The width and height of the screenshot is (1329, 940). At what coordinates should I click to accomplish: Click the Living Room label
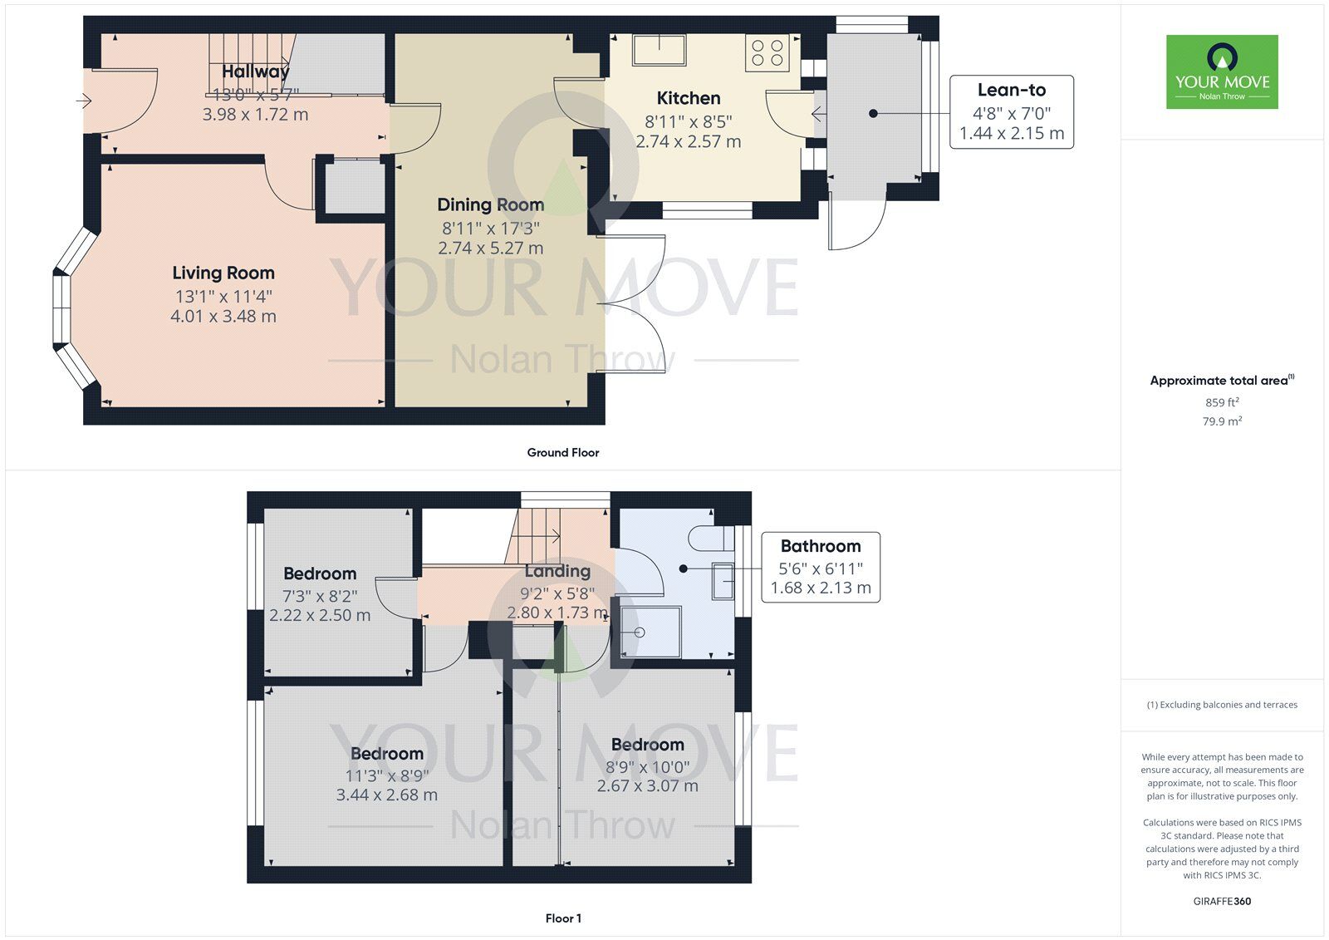[x=223, y=273]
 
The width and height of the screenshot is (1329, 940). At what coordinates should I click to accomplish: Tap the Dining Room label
[x=491, y=204]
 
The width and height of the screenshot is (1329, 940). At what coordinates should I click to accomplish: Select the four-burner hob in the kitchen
[x=767, y=53]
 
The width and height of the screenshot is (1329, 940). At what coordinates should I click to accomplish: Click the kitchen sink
[x=660, y=49]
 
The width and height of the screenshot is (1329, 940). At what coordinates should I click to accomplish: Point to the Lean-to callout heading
[x=1012, y=90]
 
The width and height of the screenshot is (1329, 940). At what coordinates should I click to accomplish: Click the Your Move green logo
[x=1222, y=71]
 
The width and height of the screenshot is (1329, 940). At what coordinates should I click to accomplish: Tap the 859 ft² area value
[x=1222, y=402]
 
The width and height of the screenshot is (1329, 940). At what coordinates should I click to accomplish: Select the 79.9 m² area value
[x=1222, y=421]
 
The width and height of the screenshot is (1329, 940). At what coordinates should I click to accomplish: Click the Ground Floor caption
[x=563, y=452]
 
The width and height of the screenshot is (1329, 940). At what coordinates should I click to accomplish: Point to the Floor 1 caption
[x=563, y=918]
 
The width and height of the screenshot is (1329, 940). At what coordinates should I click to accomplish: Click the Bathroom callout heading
[x=821, y=546]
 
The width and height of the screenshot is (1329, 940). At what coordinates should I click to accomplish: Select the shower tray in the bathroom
[x=650, y=632]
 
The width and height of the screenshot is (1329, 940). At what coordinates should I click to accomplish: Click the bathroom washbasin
[x=723, y=581]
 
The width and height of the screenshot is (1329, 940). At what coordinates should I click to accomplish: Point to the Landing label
[x=557, y=571]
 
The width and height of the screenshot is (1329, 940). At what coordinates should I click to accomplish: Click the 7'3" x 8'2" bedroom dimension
[x=320, y=596]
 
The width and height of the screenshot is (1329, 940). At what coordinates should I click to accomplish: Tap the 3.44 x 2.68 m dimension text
[x=387, y=795]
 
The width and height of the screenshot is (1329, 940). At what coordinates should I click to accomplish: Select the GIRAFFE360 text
[x=1222, y=901]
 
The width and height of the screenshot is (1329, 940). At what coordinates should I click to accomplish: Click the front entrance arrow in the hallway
[x=84, y=101]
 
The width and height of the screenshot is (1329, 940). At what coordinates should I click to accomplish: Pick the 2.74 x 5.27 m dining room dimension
[x=491, y=248]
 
